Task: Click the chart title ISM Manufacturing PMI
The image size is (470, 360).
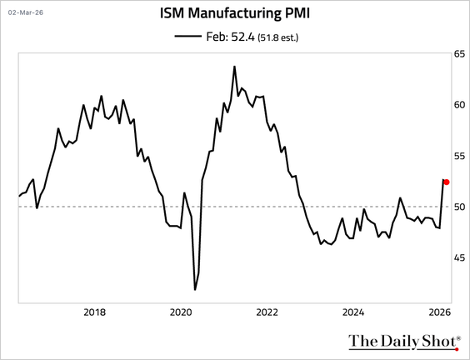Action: coord(235,13)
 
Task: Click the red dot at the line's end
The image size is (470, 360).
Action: coord(447,182)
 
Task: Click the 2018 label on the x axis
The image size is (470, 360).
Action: coord(95,312)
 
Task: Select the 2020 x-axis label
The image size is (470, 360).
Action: coord(181,312)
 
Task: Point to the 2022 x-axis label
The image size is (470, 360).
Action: coord(267,312)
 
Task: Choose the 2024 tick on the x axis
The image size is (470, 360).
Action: coord(353,312)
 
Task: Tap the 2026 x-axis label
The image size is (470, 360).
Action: coord(439,312)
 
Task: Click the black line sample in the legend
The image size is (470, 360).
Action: coord(187,36)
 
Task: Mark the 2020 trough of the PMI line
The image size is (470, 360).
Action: coord(195,289)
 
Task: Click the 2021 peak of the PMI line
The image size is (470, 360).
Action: coord(234,67)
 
